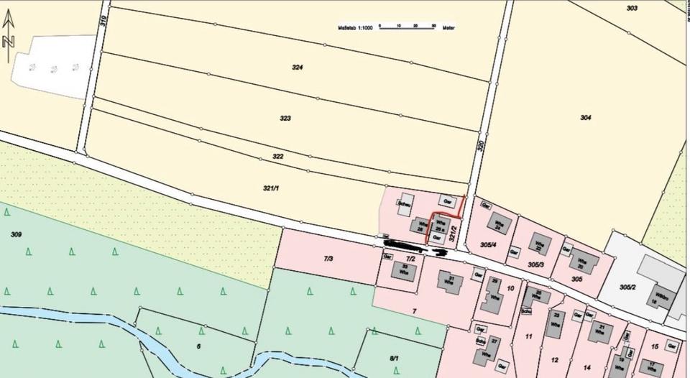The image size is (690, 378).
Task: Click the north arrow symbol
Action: coord(9,33)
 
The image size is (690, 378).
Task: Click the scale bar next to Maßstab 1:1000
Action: coord(406,27)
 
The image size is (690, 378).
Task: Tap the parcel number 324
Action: coord(298,67)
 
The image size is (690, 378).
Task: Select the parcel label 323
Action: coord(285,117)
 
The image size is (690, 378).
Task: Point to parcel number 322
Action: coord(278,156)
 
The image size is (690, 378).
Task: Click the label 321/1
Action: coord(270,188)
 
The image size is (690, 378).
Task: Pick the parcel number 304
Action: coord(585,117)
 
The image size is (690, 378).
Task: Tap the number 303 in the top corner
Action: coord(632,8)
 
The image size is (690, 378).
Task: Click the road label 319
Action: coord(103,22)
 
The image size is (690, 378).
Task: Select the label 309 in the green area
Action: coord(17,234)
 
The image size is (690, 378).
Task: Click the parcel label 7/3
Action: coord(328,258)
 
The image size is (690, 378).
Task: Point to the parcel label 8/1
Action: coord(394,357)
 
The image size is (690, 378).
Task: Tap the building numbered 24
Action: coord(501,225)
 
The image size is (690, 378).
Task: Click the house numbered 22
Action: coord(539,245)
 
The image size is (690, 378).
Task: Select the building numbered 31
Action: coord(451,280)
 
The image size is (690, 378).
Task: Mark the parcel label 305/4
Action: coord(488,244)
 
